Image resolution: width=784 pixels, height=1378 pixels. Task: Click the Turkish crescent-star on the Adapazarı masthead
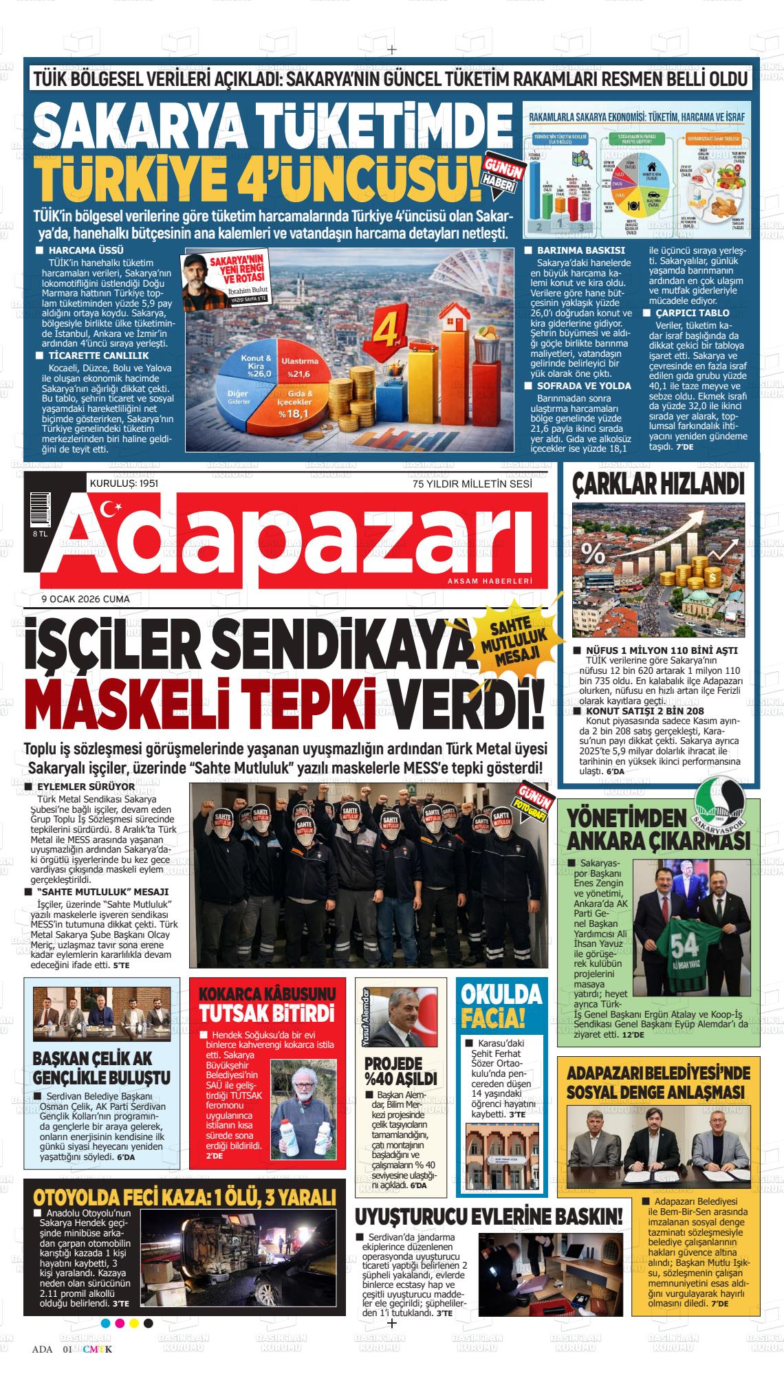pos(109,510)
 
